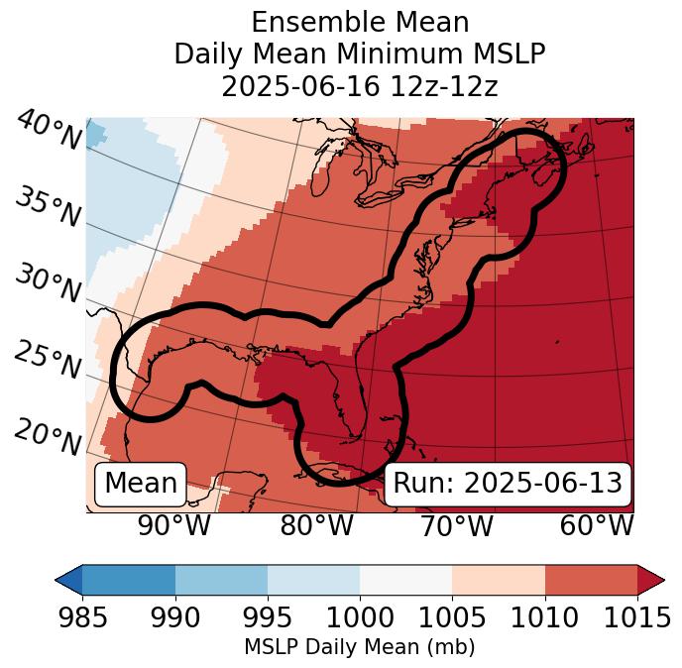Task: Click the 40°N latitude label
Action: click(x=49, y=131)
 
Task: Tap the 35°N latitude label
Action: click(x=47, y=207)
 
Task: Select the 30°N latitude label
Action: click(x=47, y=284)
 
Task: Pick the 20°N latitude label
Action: click(x=47, y=436)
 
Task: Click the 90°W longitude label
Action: click(x=173, y=525)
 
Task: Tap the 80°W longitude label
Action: click(x=316, y=525)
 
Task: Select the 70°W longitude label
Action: click(x=456, y=525)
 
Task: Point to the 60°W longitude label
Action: click(x=596, y=525)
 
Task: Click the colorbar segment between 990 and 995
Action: click(x=221, y=580)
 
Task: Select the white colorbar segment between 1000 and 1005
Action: click(x=405, y=580)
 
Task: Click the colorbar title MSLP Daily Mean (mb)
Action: click(x=359, y=648)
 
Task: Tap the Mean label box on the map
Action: click(x=141, y=484)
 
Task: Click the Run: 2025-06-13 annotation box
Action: click(x=508, y=484)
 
